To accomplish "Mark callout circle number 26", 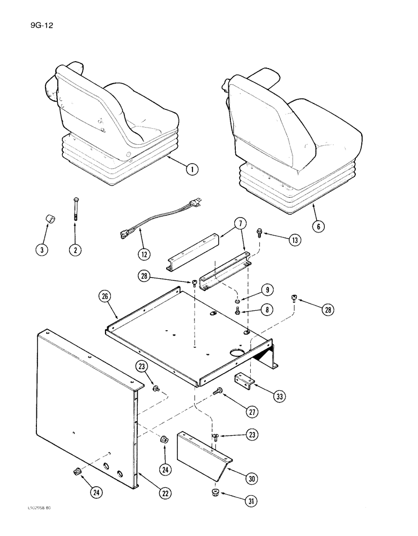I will coord(105,295).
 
